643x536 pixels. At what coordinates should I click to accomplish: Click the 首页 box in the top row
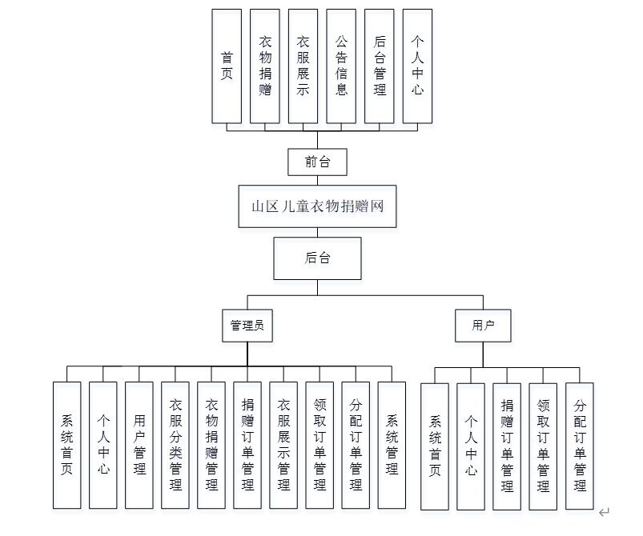click(x=227, y=66)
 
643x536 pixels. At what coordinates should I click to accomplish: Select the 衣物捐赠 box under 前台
click(x=265, y=66)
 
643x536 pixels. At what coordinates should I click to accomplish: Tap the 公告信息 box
click(x=341, y=66)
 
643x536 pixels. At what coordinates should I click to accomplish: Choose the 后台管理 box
click(x=380, y=66)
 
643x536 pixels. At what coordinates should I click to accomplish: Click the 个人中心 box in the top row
click(x=417, y=66)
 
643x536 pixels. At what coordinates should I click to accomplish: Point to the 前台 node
click(x=317, y=162)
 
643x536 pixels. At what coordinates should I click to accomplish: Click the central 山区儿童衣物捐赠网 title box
click(x=317, y=206)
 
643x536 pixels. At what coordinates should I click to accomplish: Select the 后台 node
click(x=317, y=258)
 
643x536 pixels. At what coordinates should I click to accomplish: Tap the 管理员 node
click(x=247, y=326)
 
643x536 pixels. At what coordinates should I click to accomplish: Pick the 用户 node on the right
click(x=483, y=326)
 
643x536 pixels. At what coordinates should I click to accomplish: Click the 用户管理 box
click(x=139, y=445)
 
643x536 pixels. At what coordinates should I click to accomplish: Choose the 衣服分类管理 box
click(x=175, y=445)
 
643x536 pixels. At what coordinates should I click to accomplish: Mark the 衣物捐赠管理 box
click(x=211, y=445)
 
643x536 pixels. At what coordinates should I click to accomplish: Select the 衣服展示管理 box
click(x=283, y=445)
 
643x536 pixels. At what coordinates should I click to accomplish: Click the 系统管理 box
click(x=392, y=445)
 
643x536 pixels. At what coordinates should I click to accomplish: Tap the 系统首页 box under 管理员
click(x=67, y=445)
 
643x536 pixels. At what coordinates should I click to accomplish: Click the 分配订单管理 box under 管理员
click(x=356, y=445)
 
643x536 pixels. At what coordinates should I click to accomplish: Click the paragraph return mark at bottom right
click(x=605, y=512)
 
